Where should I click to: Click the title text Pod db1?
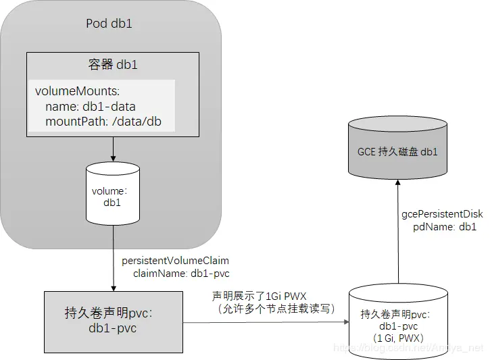(109, 24)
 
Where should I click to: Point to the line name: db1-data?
(90, 106)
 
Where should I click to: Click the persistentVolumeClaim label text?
(175, 260)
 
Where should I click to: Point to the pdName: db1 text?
(445, 227)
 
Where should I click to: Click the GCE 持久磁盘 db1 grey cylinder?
(397, 151)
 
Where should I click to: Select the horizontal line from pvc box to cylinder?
(264, 322)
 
